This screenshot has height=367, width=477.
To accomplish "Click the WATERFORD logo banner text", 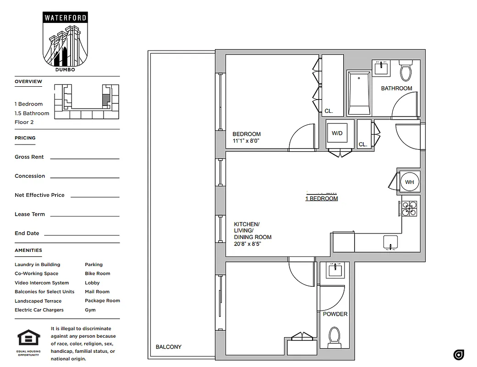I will [65, 18].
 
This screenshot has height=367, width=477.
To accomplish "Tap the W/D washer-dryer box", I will [337, 133].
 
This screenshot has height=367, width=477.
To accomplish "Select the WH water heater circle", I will [409, 182].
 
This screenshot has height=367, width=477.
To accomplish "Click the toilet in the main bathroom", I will [406, 71].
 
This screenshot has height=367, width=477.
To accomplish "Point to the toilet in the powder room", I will [334, 337].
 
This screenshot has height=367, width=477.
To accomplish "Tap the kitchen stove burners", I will [409, 209].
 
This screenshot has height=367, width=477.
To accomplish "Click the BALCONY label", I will [168, 347].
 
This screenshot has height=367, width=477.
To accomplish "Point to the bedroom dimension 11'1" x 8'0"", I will [246, 141].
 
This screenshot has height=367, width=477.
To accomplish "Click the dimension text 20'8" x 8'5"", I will [247, 244].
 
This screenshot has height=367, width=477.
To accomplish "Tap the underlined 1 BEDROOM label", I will [321, 199].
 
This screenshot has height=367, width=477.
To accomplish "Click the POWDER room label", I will [335, 314].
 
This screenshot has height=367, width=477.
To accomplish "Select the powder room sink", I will [335, 270].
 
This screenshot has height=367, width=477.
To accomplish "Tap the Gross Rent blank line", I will [84, 158].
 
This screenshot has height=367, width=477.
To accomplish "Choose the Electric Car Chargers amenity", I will [39, 310].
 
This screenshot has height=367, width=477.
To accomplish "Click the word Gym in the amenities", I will [90, 310].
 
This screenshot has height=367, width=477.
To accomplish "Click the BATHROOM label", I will [396, 88].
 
